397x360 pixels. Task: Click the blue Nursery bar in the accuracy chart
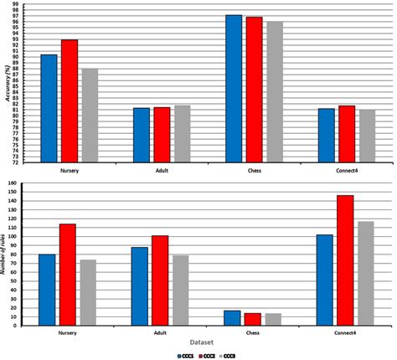tap(49, 109)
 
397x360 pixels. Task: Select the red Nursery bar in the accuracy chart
tap(70, 101)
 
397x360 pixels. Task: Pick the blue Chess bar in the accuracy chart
tap(234, 89)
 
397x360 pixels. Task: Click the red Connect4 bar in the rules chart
tap(345, 260)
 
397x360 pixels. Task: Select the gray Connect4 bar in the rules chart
tap(365, 273)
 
